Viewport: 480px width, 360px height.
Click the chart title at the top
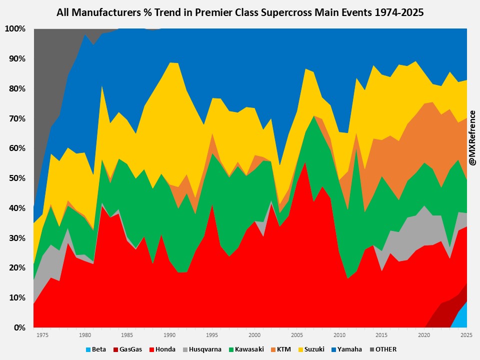[x=240, y=12]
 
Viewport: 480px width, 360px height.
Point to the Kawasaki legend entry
[x=249, y=349]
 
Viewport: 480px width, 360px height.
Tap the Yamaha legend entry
[x=349, y=349]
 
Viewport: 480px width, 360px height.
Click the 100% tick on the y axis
[x=15, y=29]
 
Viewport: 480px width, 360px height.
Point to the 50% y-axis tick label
[x=17, y=178]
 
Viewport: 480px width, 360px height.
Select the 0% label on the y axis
[x=19, y=328]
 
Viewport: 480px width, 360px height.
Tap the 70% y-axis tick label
[x=17, y=118]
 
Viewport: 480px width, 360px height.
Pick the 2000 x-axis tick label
[x=254, y=335]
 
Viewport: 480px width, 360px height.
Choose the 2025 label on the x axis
[x=466, y=335]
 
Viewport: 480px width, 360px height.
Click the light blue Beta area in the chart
[x=463, y=317]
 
